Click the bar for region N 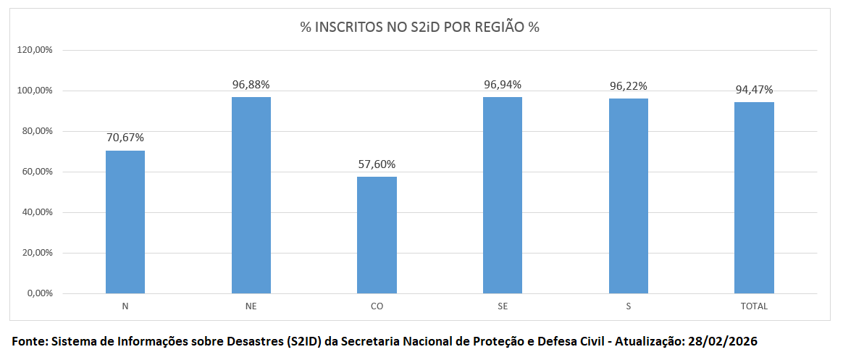click(125, 222)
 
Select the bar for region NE click(251, 195)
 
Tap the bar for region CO click(377, 235)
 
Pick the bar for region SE click(503, 195)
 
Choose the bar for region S click(628, 196)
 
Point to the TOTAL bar click(754, 198)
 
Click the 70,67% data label click(125, 138)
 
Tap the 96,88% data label click(251, 84)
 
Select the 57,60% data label click(377, 164)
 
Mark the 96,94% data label click(503, 84)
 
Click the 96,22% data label click(628, 85)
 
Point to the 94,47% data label click(754, 90)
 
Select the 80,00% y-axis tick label click(38, 131)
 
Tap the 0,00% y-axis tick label click(41, 293)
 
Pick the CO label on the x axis click(377, 306)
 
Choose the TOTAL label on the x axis click(754, 306)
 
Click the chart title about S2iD click(420, 28)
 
